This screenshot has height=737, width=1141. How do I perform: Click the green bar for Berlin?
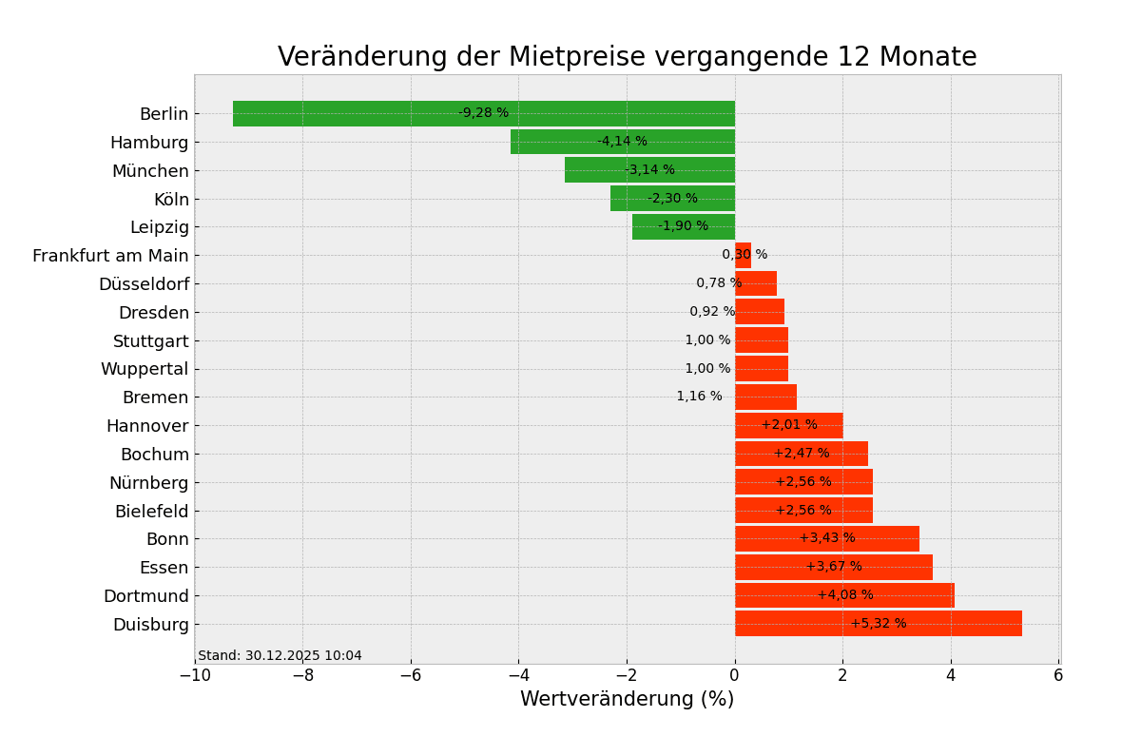point(380,113)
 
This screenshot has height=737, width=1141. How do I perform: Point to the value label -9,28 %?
point(483,113)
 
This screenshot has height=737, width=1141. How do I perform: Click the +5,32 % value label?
point(878,624)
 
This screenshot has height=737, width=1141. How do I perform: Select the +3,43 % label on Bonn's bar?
point(826,538)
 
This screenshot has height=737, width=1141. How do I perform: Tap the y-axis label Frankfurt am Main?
point(110,256)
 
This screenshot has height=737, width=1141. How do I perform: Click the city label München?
point(150,171)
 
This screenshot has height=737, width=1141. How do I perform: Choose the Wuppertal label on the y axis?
point(145,369)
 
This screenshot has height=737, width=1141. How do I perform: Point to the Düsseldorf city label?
point(144,284)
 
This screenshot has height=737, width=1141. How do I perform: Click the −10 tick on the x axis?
point(195,675)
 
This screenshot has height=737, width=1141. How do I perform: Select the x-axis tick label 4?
point(950,675)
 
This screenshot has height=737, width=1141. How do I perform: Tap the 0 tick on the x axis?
point(734,675)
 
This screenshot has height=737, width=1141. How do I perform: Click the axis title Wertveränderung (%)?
point(627,700)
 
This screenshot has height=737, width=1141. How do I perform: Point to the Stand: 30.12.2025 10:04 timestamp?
point(280,656)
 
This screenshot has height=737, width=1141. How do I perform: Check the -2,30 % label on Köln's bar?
point(672,199)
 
